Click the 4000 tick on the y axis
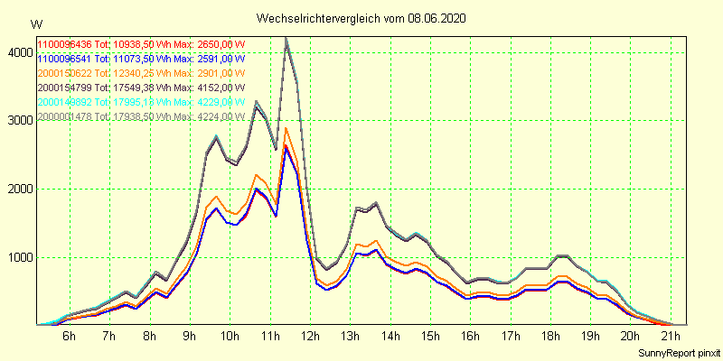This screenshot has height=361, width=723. [18, 53]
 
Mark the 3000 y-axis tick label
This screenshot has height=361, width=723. [18, 121]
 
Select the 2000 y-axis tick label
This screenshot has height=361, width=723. [18, 190]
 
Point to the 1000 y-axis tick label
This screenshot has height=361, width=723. [18, 257]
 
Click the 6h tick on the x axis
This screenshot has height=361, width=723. [69, 337]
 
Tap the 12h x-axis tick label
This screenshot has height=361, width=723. [311, 337]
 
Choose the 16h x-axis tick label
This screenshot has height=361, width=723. [471, 337]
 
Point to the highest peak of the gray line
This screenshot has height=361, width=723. [286, 39]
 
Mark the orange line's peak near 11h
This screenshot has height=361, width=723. [286, 128]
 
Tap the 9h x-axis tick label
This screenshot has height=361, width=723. [190, 337]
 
